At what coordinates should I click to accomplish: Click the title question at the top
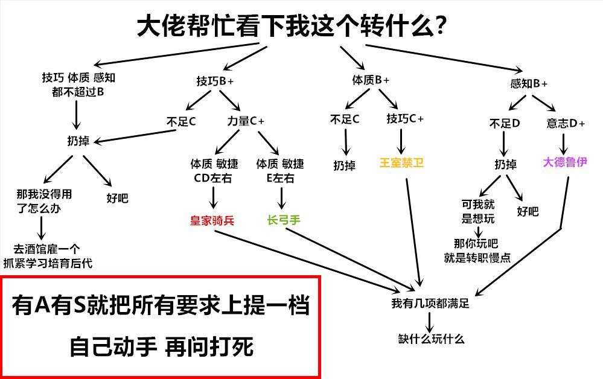[x=292, y=26]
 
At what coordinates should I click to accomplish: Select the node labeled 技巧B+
[x=215, y=81]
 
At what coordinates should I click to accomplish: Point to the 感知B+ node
[x=529, y=84]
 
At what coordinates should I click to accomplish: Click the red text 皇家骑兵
[x=211, y=221]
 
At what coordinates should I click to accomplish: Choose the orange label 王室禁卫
[x=401, y=164]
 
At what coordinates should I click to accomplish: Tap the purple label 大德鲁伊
[x=565, y=163]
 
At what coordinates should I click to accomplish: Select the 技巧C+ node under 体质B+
[x=405, y=119]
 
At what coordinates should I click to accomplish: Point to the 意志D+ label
[x=566, y=123]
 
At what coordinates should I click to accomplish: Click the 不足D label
[x=505, y=123]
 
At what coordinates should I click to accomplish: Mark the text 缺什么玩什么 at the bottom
[x=431, y=339]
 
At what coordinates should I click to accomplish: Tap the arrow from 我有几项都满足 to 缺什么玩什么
[x=430, y=320]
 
